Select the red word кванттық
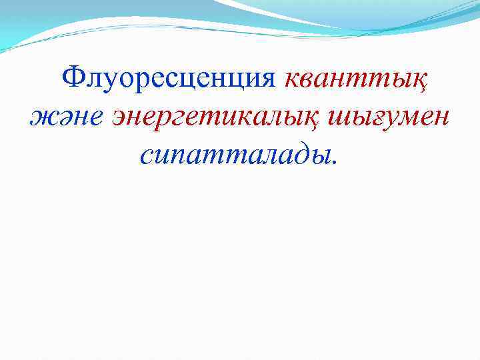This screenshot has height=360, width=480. pyautogui.click(x=356, y=81)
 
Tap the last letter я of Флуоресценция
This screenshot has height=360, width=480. pyautogui.click(x=267, y=81)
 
